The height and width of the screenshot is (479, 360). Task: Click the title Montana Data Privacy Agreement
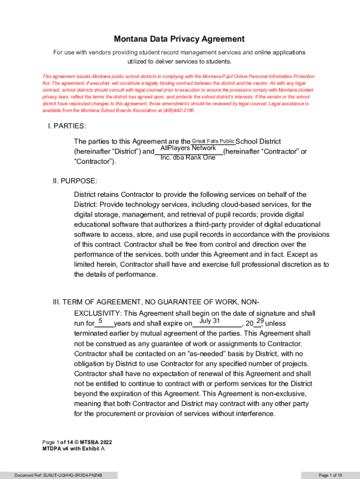click(x=180, y=39)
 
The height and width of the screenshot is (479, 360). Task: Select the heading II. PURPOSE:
click(x=75, y=181)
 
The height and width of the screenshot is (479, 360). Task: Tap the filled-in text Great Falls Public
click(x=213, y=141)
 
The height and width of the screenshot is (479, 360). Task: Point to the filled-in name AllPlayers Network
click(x=188, y=148)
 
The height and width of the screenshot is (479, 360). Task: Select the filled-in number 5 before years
click(x=100, y=321)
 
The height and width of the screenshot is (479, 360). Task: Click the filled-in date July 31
click(x=209, y=321)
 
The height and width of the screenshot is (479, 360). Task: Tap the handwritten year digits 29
click(x=260, y=321)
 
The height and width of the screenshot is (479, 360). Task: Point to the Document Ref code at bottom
click(x=58, y=475)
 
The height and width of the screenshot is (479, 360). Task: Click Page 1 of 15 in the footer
click(x=331, y=475)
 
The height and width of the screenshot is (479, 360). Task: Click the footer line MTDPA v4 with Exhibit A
click(x=73, y=448)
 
